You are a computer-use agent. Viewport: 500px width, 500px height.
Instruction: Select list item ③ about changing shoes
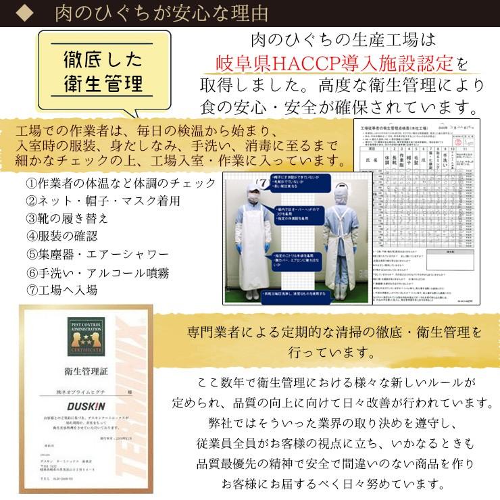(x=67, y=219)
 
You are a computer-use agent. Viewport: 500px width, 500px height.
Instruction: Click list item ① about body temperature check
(x=121, y=183)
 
